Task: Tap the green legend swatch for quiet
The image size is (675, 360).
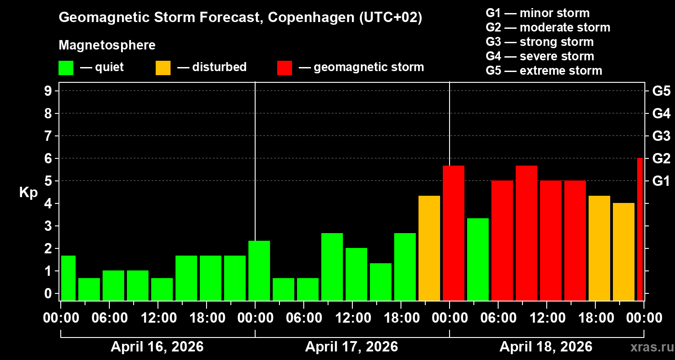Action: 66,68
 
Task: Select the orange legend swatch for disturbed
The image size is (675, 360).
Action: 163,68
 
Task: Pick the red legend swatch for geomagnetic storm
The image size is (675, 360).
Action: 284,68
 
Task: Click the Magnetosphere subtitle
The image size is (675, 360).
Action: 107,45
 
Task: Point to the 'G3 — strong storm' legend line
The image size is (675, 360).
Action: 540,42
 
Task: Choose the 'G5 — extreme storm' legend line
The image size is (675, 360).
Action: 544,71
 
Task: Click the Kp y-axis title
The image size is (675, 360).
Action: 28,193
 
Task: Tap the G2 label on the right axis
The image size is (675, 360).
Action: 661,159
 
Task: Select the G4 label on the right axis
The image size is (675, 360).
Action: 661,113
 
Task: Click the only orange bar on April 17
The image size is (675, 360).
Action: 429,248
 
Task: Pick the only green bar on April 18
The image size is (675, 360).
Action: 478,259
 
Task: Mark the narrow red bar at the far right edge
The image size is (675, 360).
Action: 640,229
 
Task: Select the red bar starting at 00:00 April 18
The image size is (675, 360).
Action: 454,233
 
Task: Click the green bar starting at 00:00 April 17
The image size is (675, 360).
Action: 259,270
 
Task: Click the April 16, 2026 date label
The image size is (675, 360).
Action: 157,347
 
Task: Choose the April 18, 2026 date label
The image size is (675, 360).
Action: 546,347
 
